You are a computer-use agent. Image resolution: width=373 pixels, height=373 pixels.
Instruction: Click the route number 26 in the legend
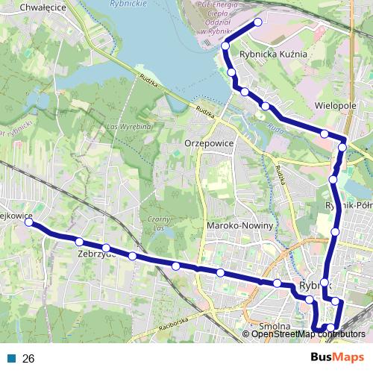pyautogui.click(x=28, y=359)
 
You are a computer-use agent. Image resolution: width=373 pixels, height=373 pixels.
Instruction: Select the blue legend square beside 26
pyautogui.click(x=12, y=359)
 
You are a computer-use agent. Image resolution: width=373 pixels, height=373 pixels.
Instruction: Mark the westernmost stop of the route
pyautogui.click(x=29, y=222)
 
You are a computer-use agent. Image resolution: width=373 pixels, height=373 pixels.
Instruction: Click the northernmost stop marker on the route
pyautogui.click(x=258, y=22)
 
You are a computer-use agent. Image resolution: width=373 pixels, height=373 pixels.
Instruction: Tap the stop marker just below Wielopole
pyautogui.click(x=325, y=134)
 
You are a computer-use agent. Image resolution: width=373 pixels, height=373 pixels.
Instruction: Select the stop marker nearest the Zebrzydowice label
pyautogui.click(x=106, y=248)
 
